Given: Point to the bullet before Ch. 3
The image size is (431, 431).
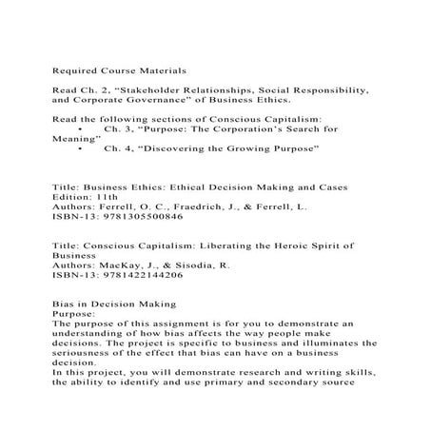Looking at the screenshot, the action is point(86,127).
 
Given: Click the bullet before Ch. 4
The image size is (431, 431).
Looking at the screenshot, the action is point(86,149).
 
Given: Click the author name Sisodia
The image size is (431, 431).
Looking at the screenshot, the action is point(185,264).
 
